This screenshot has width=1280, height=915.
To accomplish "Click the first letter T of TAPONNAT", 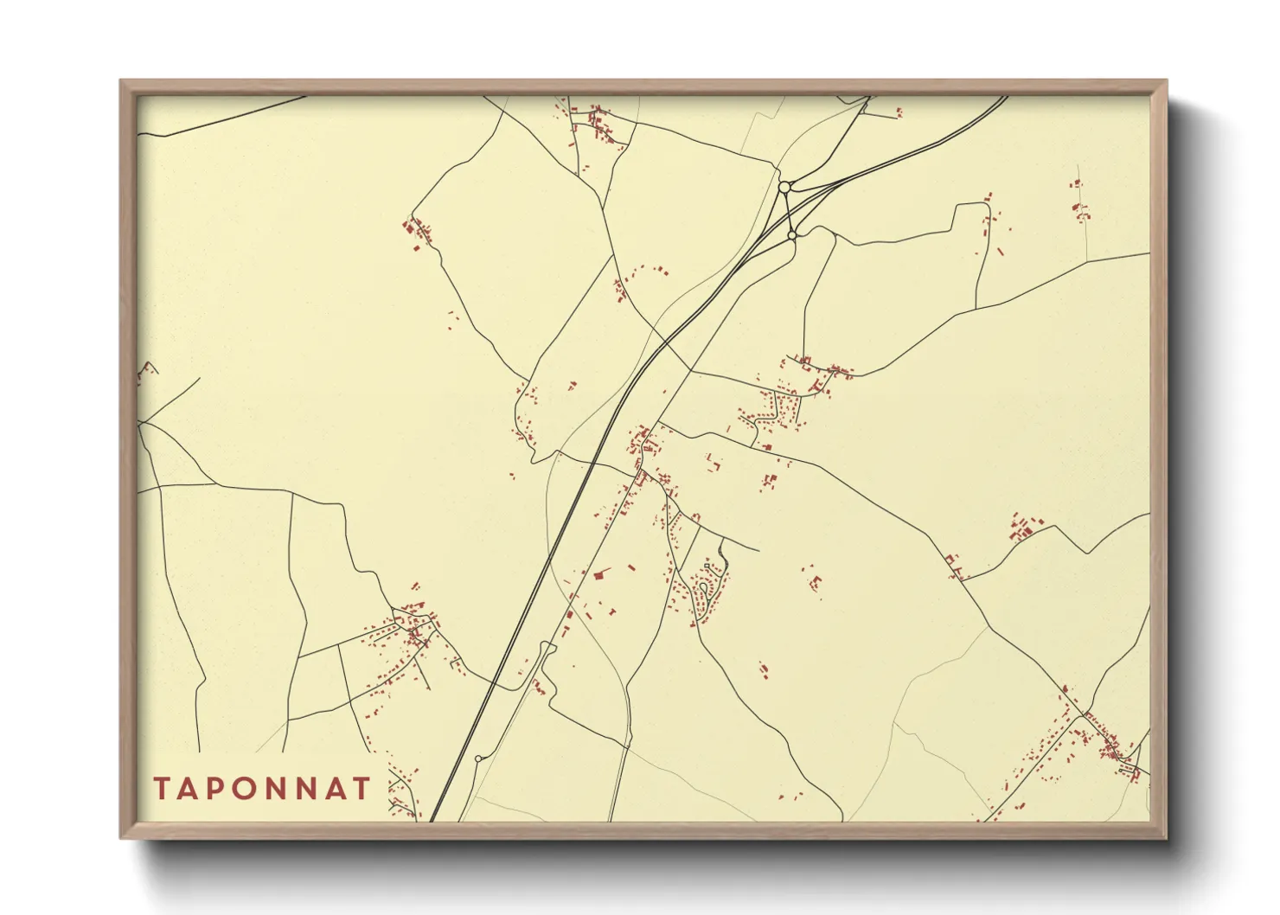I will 162,789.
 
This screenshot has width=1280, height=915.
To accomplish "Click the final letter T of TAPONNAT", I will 362,789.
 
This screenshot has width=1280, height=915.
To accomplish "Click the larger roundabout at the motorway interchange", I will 784,187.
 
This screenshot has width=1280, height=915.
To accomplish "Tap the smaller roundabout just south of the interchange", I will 792,234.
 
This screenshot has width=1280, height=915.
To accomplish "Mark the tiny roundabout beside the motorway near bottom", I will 478,758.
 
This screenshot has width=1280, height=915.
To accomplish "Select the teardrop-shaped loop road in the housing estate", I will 705,590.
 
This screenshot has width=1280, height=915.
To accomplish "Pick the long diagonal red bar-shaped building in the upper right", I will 1001,252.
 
